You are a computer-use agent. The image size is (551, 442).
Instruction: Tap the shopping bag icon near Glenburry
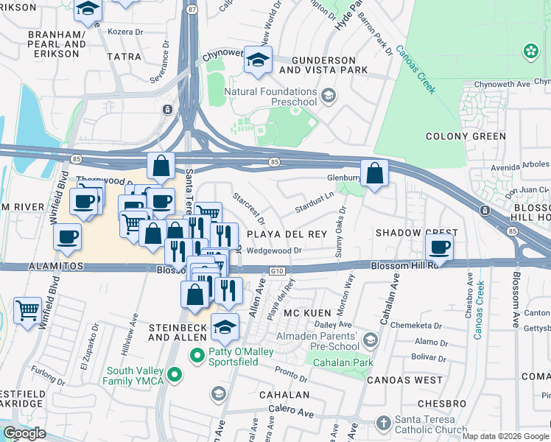click(375, 174)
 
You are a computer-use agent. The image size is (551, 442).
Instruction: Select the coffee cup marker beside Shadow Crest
click(440, 247)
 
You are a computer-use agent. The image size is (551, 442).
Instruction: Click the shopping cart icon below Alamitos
click(27, 310)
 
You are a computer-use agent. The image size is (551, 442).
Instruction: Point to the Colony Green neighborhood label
click(466, 136)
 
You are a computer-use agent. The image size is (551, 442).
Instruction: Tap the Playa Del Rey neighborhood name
click(286, 234)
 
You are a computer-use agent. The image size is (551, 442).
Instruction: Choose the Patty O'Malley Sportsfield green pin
click(197, 356)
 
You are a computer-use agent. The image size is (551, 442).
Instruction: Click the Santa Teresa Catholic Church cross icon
click(382, 423)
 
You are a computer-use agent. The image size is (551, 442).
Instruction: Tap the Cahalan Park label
click(343, 362)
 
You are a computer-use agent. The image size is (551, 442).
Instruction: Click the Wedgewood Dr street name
click(275, 250)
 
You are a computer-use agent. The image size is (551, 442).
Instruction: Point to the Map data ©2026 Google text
click(506, 436)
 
